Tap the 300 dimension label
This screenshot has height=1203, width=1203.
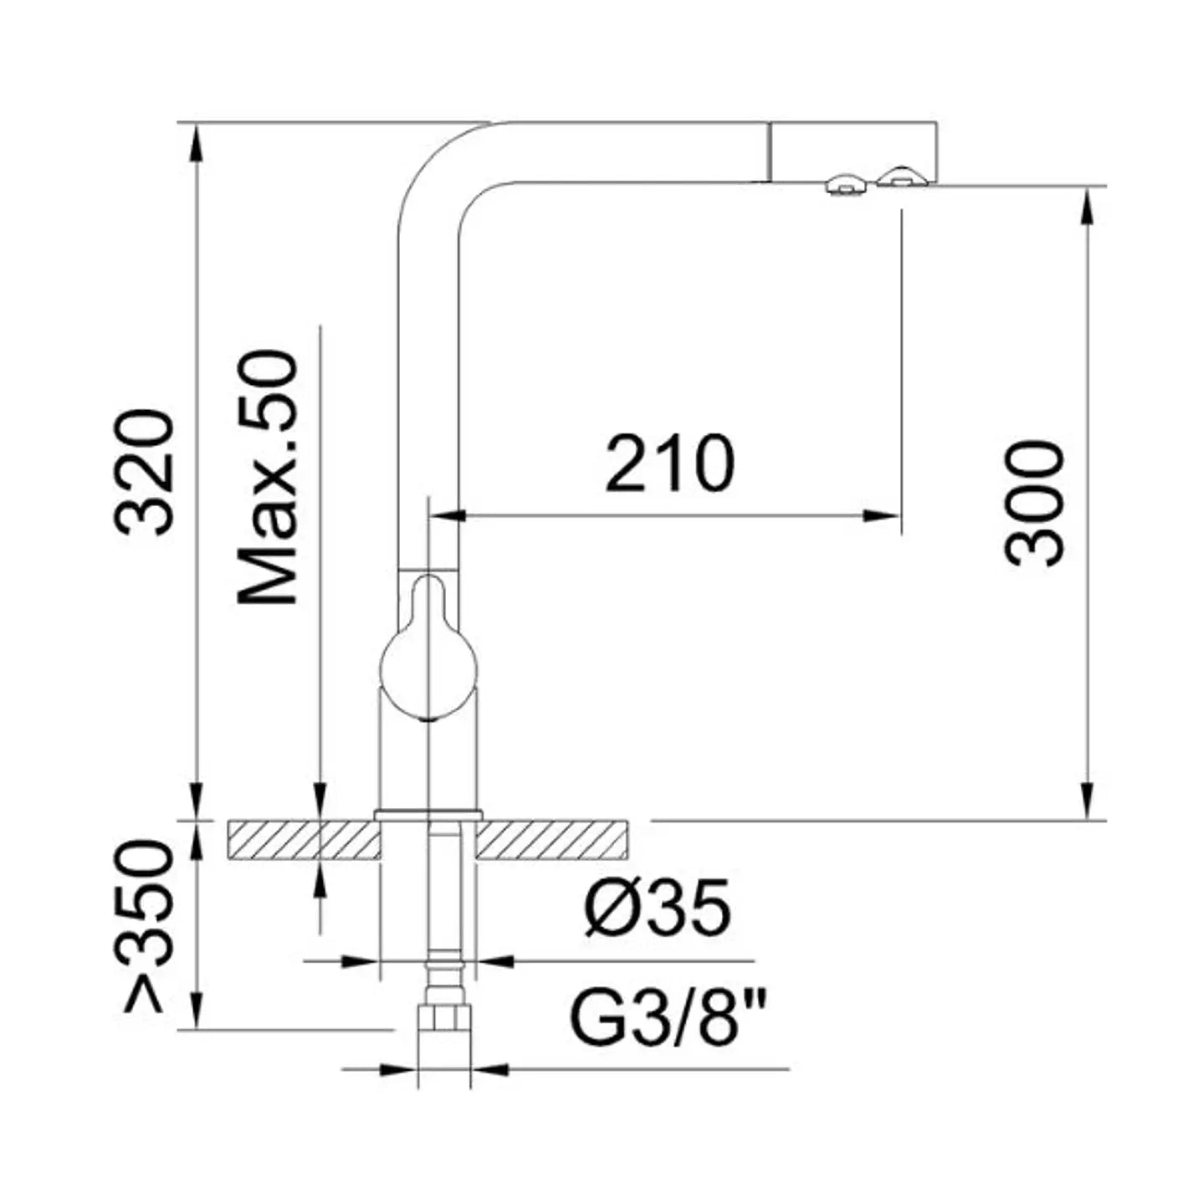point(1035,504)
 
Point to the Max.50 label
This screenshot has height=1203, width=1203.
point(268,477)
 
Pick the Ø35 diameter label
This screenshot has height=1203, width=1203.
point(658,909)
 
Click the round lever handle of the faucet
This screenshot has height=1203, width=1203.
point(428,661)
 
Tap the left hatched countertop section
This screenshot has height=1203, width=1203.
point(303,840)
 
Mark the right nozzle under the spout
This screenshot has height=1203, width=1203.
point(902,177)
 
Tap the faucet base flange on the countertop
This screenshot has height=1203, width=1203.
point(428,814)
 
